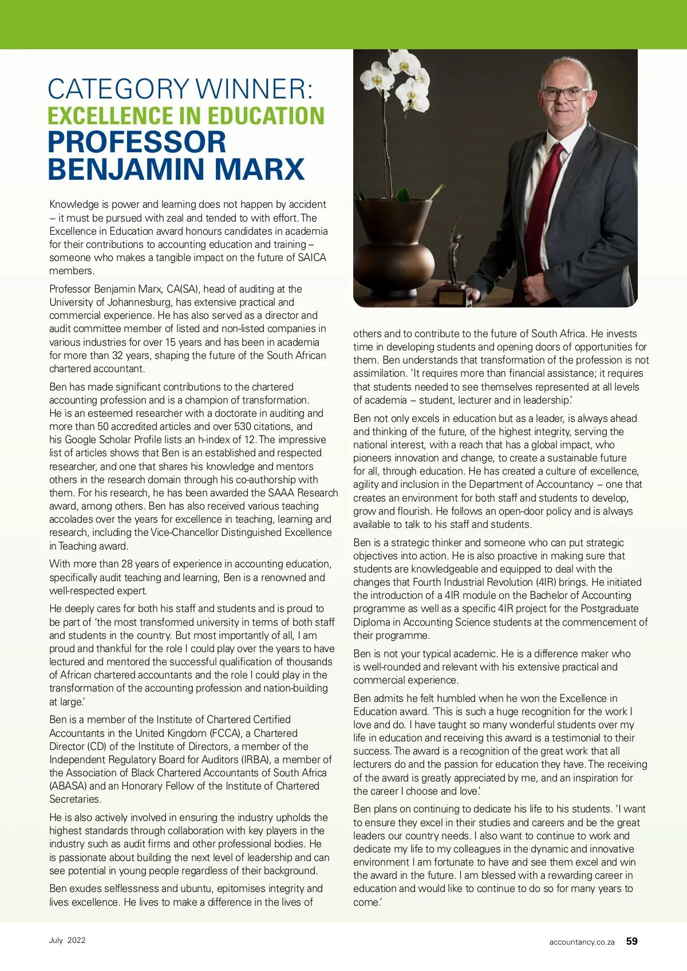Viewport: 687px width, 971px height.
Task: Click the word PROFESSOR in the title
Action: pyautogui.click(x=137, y=142)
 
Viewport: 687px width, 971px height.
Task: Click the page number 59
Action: pyautogui.click(x=631, y=941)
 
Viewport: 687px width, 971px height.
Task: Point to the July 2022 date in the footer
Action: pyautogui.click(x=67, y=940)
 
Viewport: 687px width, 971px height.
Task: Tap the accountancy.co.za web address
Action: pyautogui.click(x=582, y=942)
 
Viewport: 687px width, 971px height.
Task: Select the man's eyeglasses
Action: pyautogui.click(x=563, y=94)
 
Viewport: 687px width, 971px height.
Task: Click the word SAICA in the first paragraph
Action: pyautogui.click(x=312, y=258)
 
